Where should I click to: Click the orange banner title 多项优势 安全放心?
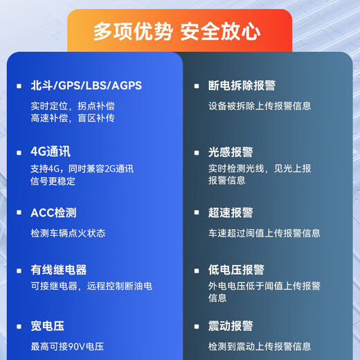click(x=177, y=30)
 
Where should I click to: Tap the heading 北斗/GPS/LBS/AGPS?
click(x=86, y=86)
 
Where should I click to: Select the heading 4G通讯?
click(x=51, y=152)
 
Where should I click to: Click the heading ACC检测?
click(x=53, y=213)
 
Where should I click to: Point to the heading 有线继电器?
click(x=59, y=270)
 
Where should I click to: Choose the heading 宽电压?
click(x=48, y=326)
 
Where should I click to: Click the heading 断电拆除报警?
click(x=242, y=86)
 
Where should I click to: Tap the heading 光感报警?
click(x=231, y=152)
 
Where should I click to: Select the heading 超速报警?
click(x=231, y=213)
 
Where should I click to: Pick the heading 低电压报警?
click(x=236, y=270)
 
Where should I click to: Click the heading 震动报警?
click(x=231, y=326)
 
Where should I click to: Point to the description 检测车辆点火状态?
click(x=68, y=233)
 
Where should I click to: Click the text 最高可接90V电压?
click(x=67, y=346)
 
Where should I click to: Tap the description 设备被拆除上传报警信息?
click(x=260, y=106)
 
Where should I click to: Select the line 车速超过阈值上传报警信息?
click(x=264, y=233)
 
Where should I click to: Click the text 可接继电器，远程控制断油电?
click(x=91, y=285)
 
